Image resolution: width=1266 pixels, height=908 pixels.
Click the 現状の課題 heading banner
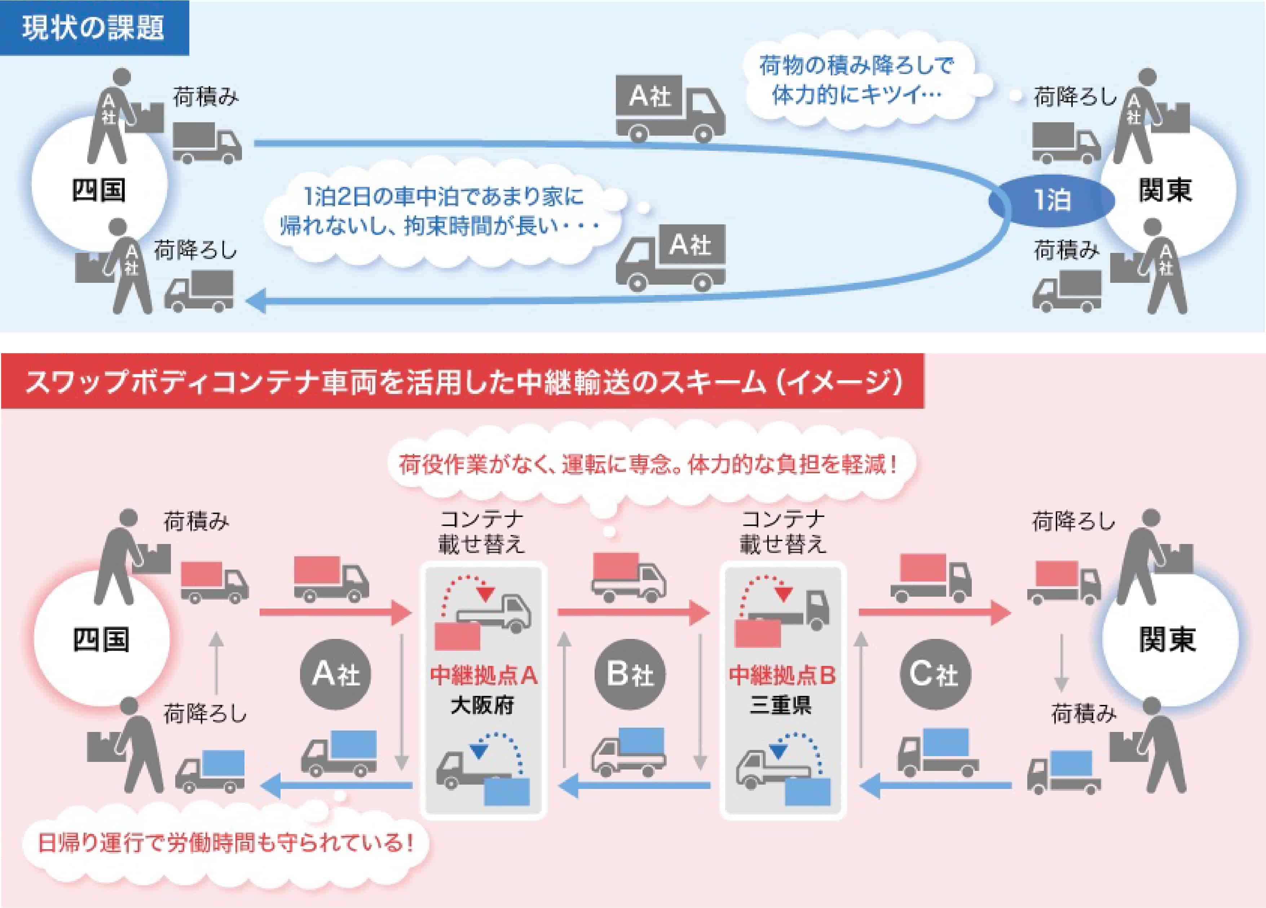94,28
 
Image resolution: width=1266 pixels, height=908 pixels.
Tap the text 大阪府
482,705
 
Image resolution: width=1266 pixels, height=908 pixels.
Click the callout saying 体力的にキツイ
856,81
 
